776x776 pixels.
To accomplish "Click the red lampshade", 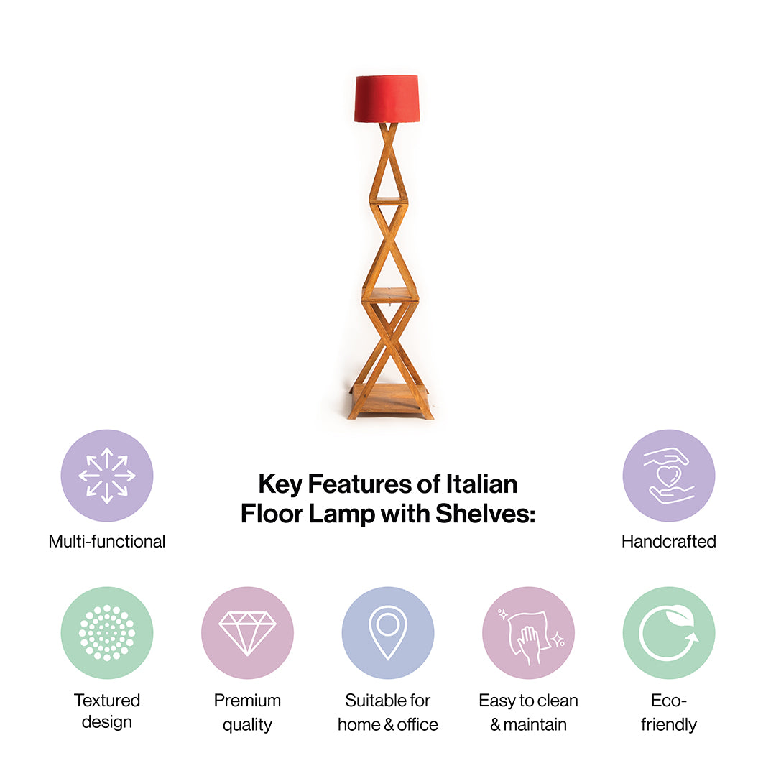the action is coord(387,98).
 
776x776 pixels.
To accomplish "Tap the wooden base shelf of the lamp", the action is coord(389,400).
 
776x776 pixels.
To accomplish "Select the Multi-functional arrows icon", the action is coord(107,476).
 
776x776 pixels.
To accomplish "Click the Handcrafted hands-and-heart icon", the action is coord(669,476).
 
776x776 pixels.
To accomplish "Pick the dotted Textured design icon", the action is coord(107,632).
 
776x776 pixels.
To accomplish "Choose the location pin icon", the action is coord(388,632).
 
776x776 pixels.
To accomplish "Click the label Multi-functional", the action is coord(107,542).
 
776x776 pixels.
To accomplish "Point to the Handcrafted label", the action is coord(669,542).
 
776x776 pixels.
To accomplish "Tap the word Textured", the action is coord(107,701).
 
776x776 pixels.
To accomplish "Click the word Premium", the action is coord(247,701).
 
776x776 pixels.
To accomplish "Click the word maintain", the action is coord(535,724).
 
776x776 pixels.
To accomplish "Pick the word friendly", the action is coord(669,725).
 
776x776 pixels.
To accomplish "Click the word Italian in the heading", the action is coord(481,484).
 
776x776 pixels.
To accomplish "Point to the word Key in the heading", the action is coord(280,485).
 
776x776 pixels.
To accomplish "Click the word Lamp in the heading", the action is coord(342,514).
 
